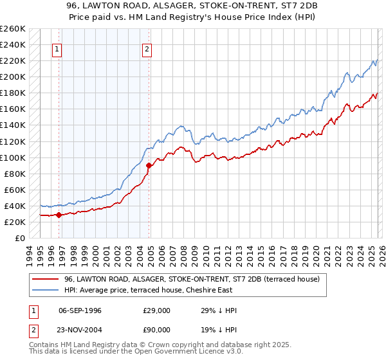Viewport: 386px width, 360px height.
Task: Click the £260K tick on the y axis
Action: click(13, 29)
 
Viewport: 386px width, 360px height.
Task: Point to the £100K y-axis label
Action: click(13, 157)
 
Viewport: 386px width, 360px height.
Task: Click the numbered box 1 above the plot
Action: click(57, 49)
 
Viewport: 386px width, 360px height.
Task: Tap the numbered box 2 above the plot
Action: click(147, 49)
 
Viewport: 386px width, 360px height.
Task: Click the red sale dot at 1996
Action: click(59, 215)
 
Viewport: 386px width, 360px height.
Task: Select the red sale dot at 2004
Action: click(149, 166)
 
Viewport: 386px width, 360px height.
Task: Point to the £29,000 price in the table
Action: click(157, 310)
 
